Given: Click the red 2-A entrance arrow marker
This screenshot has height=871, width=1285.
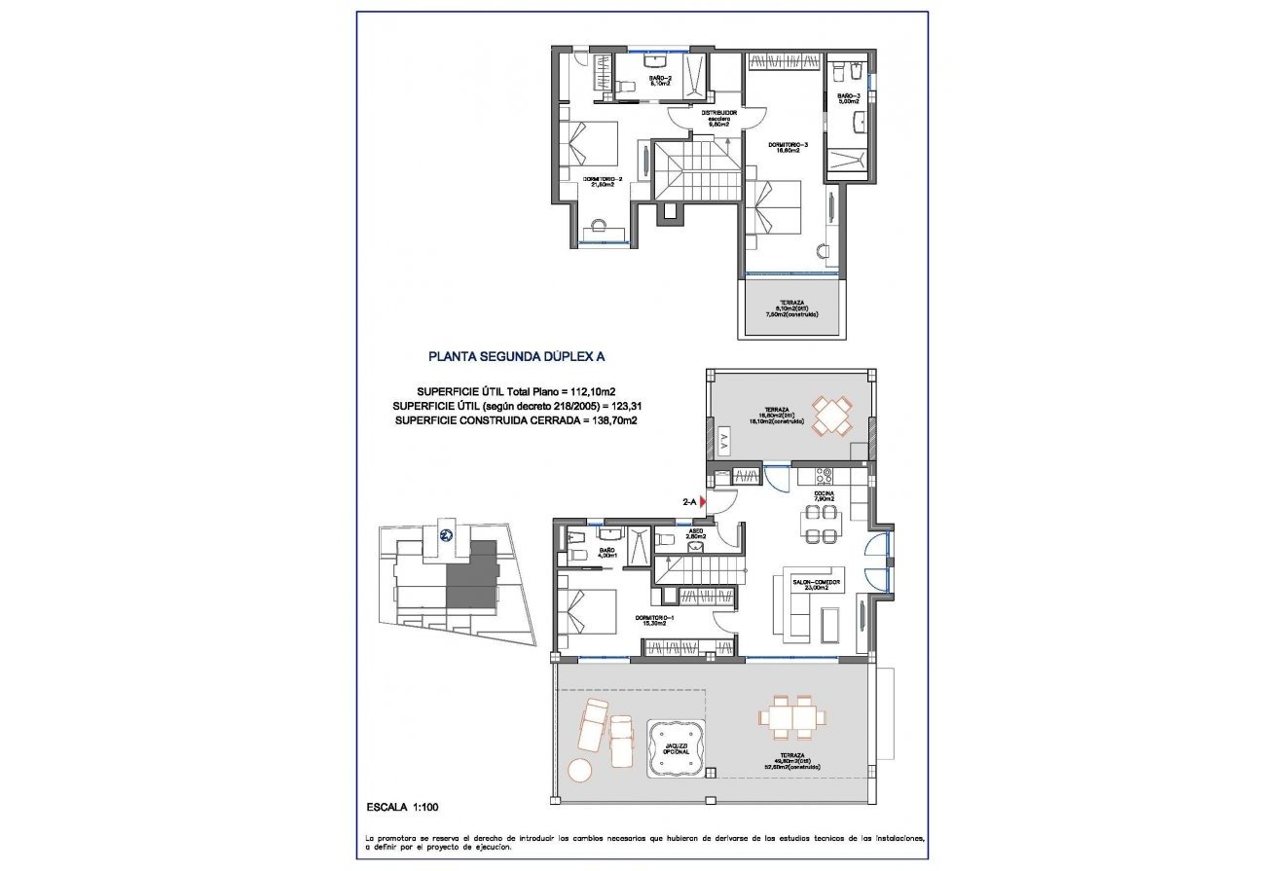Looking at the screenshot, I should [x=703, y=500].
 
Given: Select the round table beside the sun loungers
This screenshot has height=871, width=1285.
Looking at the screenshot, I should [x=580, y=769].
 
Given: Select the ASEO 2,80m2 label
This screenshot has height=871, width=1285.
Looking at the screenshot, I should [x=695, y=533].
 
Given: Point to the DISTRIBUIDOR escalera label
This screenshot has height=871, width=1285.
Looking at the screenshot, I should [x=719, y=118].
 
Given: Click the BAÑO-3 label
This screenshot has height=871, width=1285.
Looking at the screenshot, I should [x=849, y=97].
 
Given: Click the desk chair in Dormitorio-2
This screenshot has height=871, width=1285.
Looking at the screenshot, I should [x=592, y=232].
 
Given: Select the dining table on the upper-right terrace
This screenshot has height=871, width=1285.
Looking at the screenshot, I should [x=832, y=415].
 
